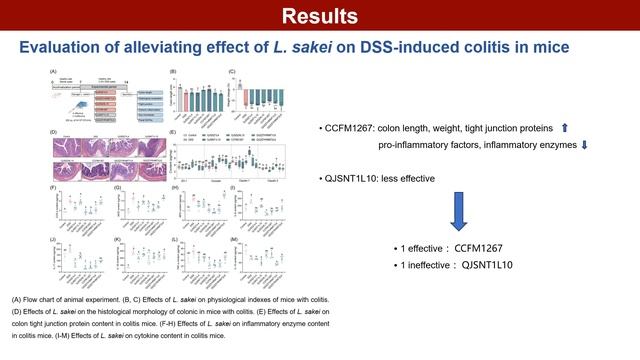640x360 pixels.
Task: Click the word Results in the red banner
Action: [x=319, y=17]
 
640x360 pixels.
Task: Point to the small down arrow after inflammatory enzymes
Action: [x=584, y=146]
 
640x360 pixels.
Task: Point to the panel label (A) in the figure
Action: [x=53, y=72]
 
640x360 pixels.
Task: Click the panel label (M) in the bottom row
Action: [x=233, y=240]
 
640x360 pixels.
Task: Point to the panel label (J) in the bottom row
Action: [x=53, y=240]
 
